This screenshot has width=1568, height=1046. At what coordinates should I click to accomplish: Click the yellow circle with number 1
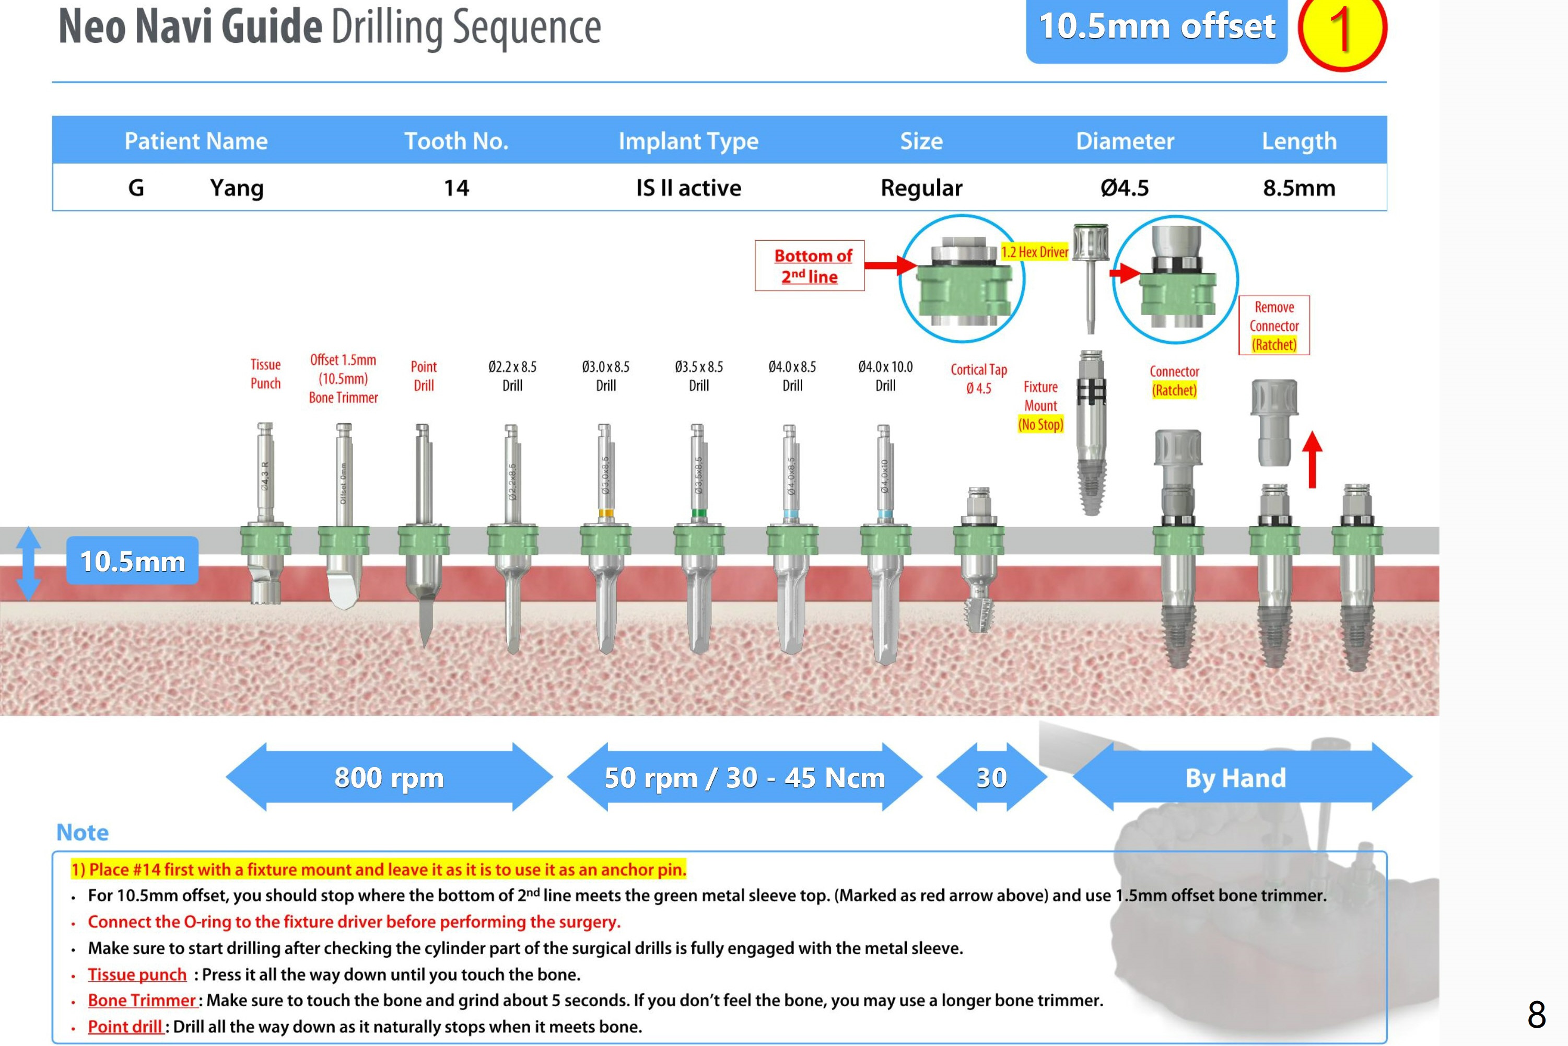(1341, 30)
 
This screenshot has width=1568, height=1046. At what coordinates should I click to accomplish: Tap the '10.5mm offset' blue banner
(1156, 28)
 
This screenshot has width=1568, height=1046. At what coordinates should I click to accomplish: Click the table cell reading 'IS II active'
(688, 188)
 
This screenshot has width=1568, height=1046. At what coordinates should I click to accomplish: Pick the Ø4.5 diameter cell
(1125, 188)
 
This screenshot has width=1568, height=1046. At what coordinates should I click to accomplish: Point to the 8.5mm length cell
(1298, 188)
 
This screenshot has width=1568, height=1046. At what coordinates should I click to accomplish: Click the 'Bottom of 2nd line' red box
(809, 265)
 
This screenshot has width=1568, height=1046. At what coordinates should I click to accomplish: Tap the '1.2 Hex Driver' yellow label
(1034, 251)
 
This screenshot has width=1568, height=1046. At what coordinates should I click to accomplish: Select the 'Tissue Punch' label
(265, 374)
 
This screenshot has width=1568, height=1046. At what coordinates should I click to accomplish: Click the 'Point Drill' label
(424, 376)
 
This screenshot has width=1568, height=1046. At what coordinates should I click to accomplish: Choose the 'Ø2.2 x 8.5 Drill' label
(512, 376)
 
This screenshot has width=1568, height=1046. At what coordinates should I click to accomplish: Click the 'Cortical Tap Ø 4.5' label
(978, 378)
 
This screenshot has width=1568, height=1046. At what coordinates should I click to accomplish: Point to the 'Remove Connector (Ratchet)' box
(1274, 326)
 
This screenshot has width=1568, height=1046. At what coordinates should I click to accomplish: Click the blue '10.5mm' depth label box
(132, 561)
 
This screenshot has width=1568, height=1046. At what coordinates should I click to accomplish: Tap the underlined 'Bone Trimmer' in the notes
(142, 1001)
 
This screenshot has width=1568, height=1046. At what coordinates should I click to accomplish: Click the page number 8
(1536, 1015)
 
